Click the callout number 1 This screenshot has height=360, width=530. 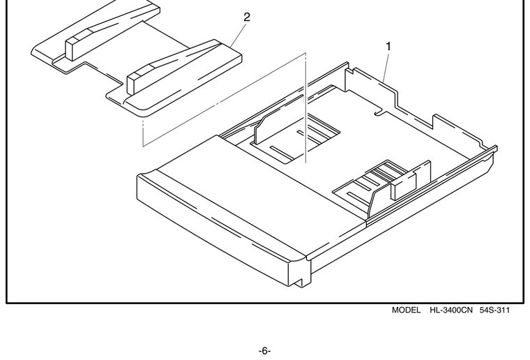pos(388,47)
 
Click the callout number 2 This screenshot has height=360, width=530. pos(247,17)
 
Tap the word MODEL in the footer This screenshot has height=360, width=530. pos(407,310)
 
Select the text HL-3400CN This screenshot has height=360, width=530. pos(451,310)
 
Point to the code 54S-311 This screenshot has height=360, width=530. pos(494,310)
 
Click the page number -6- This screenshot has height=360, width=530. pos(265,351)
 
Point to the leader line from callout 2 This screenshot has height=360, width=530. pos(238,33)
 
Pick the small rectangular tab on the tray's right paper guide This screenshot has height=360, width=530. pos(403,186)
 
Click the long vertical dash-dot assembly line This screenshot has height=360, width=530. pos(305,108)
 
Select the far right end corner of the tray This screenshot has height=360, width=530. pos(497,147)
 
